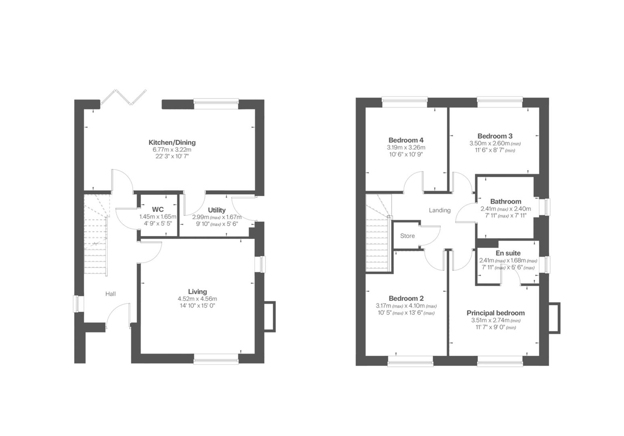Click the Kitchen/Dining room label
point(172,142)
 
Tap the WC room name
point(158,209)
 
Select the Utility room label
point(217,210)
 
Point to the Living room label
point(197,291)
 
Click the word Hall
point(111,293)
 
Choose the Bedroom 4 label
point(406,140)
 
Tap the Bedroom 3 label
point(495,136)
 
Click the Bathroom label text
point(506,201)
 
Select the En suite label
point(508,253)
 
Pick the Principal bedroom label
point(496,313)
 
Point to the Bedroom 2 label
point(406,298)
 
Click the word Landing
point(440,210)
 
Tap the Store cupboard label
point(407,236)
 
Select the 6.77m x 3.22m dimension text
point(172,149)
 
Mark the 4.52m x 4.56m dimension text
point(197,299)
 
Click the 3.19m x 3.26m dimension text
point(406,147)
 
